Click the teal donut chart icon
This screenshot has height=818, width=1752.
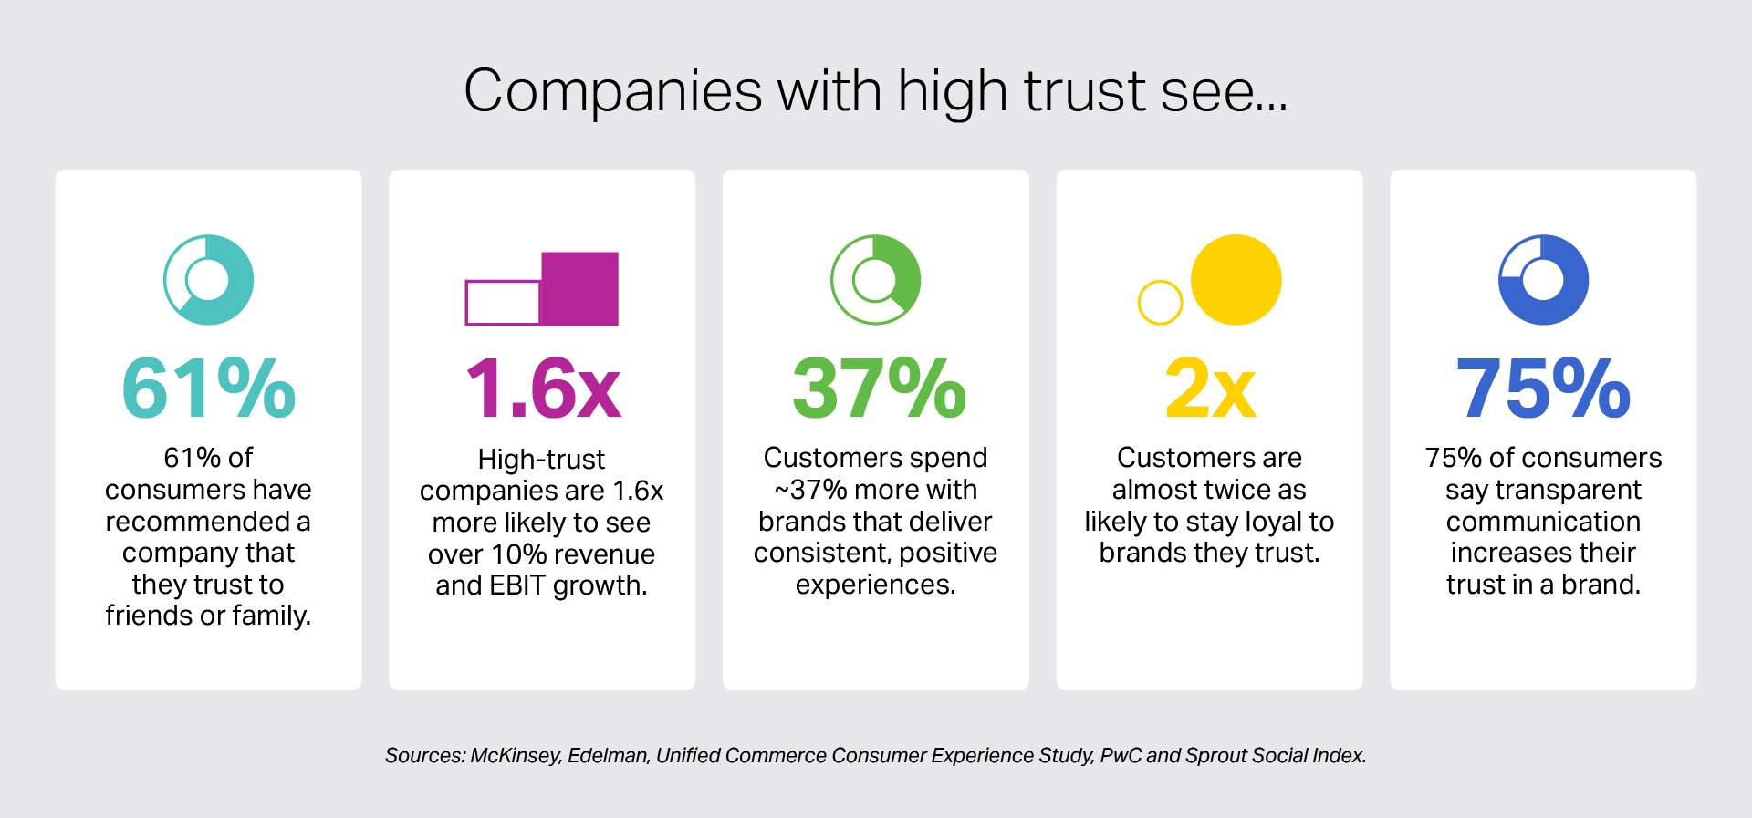pos(209,280)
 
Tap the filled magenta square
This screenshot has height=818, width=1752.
pos(580,288)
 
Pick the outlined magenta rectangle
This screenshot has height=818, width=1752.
pos(503,303)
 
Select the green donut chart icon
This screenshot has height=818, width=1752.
pos(876,280)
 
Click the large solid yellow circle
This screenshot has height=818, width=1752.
pos(1236,280)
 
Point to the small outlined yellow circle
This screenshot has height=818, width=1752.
pos(1160,302)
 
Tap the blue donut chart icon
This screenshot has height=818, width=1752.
pos(1543,280)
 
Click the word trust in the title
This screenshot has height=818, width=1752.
pos(1084,91)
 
